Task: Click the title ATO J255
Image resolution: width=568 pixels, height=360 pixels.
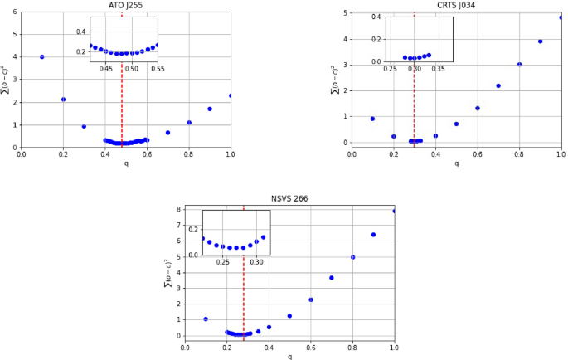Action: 125,5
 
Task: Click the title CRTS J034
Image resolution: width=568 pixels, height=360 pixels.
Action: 456,5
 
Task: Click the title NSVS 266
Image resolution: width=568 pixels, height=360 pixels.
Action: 289,199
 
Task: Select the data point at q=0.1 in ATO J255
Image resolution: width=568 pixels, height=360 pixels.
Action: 42,56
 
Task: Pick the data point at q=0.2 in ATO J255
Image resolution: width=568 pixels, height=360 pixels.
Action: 63,100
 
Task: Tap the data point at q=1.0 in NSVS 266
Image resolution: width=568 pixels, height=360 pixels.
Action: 394,211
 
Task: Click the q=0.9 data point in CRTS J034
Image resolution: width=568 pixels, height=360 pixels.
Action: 540,41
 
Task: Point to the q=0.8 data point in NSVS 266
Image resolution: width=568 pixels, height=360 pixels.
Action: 352,257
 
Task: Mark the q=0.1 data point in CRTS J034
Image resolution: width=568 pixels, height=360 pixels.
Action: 373,119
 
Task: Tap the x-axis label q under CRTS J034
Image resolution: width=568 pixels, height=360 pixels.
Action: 456,163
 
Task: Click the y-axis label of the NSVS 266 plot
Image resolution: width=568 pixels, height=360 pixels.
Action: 168,272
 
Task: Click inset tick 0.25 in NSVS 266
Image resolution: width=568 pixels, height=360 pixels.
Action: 223,262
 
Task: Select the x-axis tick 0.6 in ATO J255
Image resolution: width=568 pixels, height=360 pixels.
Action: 147,153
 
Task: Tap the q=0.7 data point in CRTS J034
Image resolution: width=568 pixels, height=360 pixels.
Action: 498,85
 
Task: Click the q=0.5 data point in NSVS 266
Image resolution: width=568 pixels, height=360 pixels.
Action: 289,315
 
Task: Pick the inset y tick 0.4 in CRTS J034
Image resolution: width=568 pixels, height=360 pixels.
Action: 377,17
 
